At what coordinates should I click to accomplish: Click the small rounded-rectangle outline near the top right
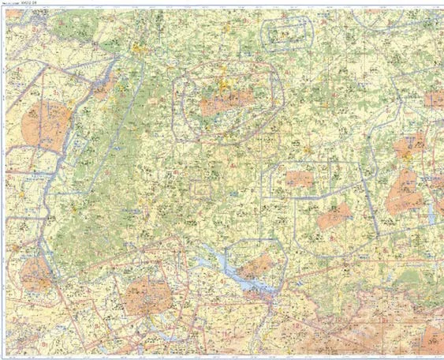click(x=286, y=34)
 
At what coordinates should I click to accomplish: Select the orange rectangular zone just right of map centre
click(x=300, y=179)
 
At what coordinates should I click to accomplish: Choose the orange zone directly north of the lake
click(x=256, y=267)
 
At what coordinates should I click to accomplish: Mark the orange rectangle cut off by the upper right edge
click(x=434, y=99)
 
